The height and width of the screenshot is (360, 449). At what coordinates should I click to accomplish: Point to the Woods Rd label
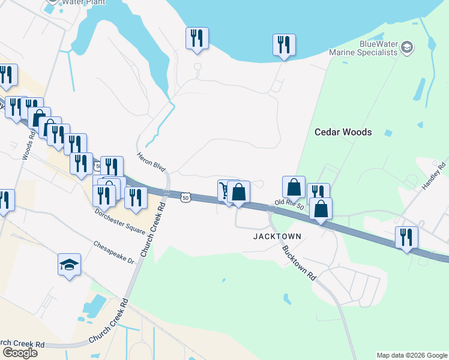coord(28,146)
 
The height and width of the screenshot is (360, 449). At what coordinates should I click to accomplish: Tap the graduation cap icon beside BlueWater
coord(407,47)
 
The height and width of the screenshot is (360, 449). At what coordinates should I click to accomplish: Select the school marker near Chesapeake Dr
coord(69,264)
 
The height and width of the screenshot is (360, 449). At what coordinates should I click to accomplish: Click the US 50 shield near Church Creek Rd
coord(185,196)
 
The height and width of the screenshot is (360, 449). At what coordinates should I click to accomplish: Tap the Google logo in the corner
coord(20,352)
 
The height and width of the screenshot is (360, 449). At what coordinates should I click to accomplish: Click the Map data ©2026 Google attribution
coord(412,355)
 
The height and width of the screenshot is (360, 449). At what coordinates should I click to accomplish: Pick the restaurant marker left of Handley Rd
coord(406,237)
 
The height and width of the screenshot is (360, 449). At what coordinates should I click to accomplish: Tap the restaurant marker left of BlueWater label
coord(284,44)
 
